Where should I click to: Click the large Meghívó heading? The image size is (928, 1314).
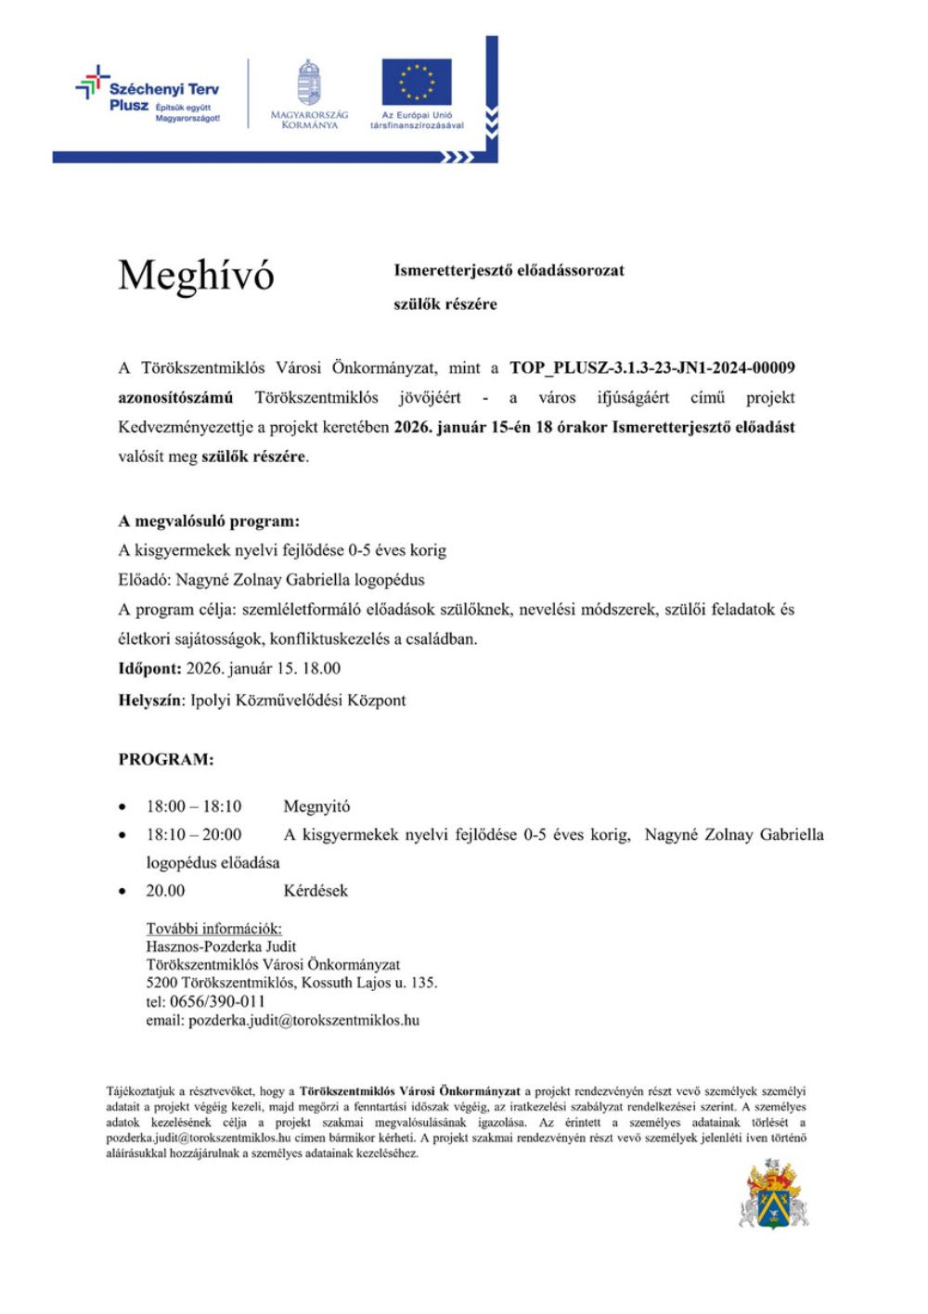click(196, 276)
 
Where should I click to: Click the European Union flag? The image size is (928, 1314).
click(417, 82)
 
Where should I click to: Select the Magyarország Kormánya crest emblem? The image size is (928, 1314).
click(309, 82)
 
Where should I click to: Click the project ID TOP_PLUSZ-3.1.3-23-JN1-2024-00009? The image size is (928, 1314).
click(651, 367)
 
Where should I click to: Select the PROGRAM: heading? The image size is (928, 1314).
click(166, 759)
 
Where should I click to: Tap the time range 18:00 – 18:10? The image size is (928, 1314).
click(193, 806)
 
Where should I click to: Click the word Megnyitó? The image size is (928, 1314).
click(316, 806)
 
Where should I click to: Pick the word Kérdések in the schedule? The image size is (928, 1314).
click(316, 891)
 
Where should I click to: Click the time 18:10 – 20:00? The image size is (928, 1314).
click(193, 834)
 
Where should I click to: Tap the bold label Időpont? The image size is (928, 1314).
click(149, 668)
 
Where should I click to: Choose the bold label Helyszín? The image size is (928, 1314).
click(151, 701)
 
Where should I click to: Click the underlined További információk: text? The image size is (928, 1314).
click(213, 929)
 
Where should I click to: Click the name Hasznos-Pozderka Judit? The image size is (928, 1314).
click(221, 947)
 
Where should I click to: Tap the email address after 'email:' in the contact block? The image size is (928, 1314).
click(303, 1020)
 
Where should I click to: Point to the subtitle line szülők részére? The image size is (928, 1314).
click(445, 303)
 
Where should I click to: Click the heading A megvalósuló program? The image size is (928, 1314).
click(209, 521)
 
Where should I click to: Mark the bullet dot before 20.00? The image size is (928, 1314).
click(122, 892)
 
